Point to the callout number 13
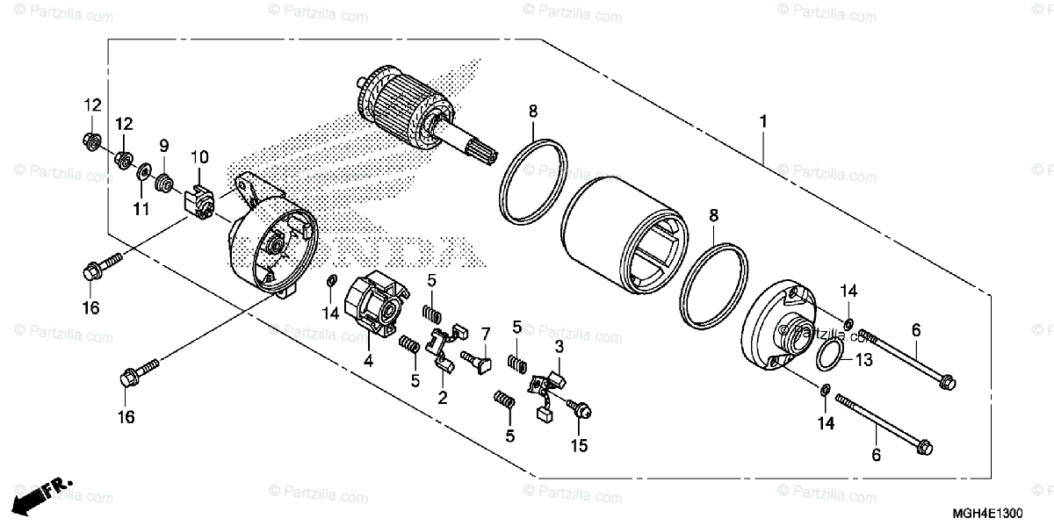point(863,360)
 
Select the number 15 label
point(577,446)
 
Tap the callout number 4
point(369,360)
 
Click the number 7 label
point(484,335)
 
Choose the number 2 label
point(443,398)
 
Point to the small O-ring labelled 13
point(828,357)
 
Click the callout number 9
point(163,146)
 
